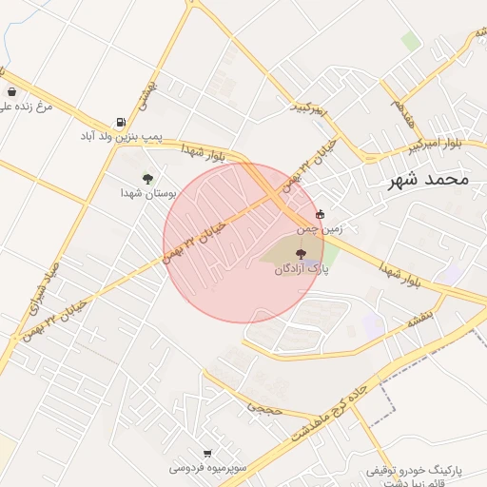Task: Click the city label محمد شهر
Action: [429, 180]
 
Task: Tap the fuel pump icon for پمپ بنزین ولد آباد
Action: [120, 122]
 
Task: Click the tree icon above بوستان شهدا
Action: [146, 178]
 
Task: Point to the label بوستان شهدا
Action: [144, 193]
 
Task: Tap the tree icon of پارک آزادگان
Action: [302, 254]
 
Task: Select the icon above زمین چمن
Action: [319, 215]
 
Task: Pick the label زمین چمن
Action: [319, 229]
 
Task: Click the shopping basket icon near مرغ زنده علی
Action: [10, 92]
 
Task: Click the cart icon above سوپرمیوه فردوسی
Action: [207, 453]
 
